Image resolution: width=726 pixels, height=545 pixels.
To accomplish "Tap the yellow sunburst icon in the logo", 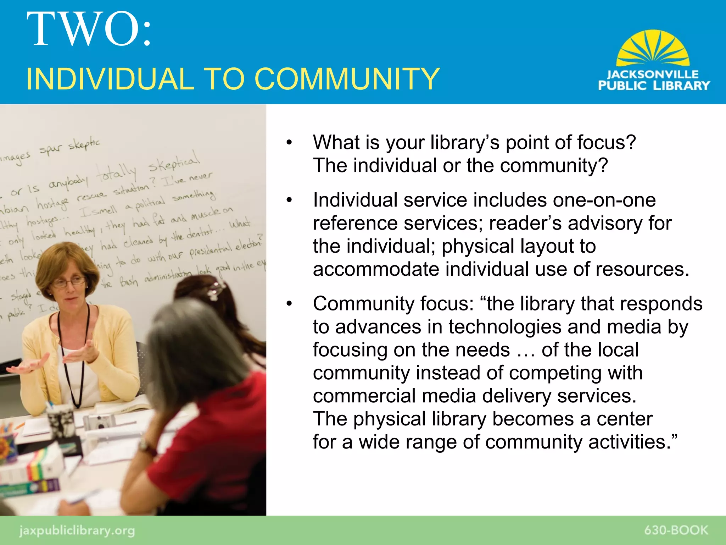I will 653,49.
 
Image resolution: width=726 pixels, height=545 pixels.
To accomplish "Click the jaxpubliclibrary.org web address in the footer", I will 77,530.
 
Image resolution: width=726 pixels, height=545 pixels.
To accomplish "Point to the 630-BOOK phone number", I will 676,530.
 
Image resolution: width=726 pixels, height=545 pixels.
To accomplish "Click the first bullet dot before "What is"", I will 289,143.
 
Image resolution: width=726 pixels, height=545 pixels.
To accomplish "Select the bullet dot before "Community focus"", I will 289,304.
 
